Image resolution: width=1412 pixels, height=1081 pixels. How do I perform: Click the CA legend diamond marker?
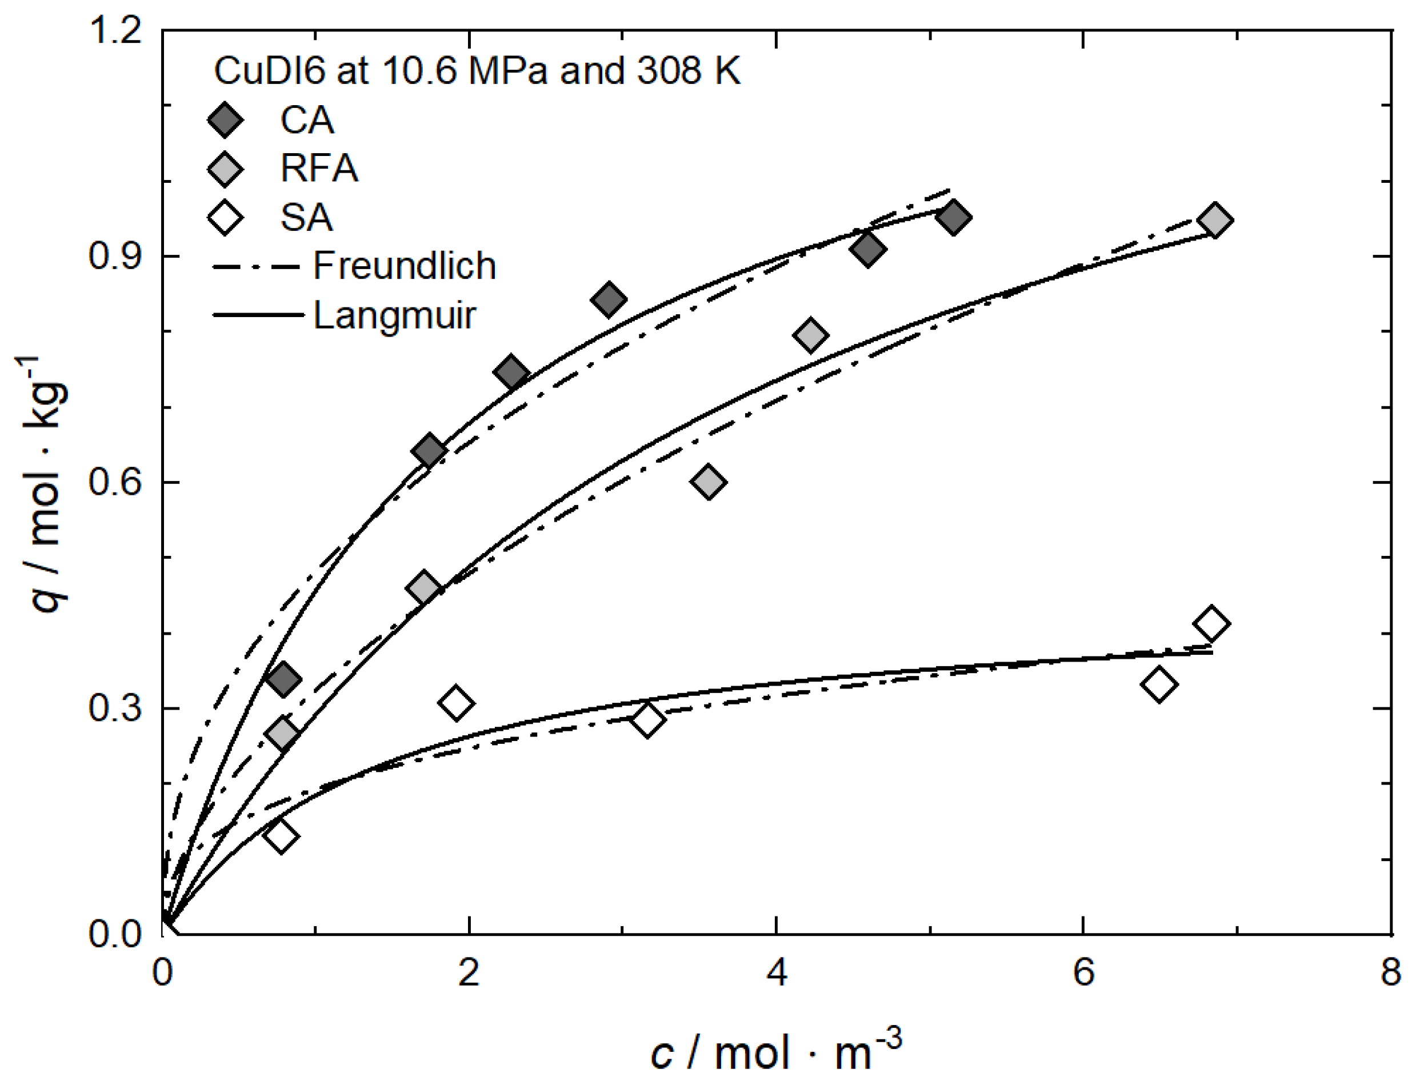[x=225, y=119]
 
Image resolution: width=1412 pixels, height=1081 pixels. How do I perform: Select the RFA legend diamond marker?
[x=225, y=169]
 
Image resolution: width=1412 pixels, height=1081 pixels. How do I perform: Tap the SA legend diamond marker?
[x=225, y=218]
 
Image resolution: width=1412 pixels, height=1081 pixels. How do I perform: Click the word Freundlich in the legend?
[x=404, y=266]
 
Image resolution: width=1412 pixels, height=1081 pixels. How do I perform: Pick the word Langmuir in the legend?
[x=394, y=315]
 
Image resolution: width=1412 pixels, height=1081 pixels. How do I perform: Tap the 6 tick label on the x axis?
[x=1084, y=972]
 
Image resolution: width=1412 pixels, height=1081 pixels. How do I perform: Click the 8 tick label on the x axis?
[x=1390, y=972]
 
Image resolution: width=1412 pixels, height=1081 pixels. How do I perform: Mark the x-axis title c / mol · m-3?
[x=775, y=1051]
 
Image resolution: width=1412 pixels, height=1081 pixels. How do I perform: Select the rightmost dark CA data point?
[x=953, y=218]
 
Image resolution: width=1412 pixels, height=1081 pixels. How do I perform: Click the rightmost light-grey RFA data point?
[x=1214, y=221]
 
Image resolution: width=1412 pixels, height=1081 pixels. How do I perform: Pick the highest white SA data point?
[x=1210, y=623]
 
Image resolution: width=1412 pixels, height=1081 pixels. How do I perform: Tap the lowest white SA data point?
[x=281, y=836]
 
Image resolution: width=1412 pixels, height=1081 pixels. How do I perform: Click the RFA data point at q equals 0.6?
[x=708, y=481]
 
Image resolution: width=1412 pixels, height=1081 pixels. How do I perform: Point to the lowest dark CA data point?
[x=284, y=679]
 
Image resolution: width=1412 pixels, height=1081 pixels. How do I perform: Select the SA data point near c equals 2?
[x=455, y=703]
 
